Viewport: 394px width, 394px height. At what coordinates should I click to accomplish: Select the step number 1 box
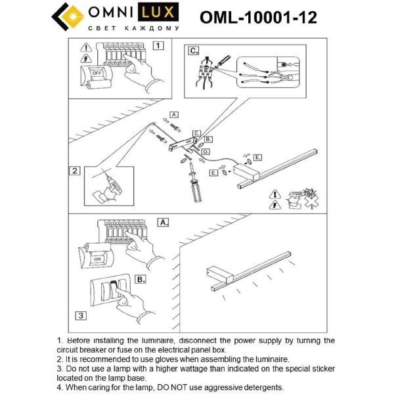pos(158,46)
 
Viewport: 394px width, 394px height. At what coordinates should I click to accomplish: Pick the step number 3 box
pos(79,315)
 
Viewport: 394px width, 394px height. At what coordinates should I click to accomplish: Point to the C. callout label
pos(192,51)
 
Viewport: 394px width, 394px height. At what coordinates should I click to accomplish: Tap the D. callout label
pos(206,152)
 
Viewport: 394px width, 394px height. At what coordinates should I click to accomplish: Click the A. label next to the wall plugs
pos(175,114)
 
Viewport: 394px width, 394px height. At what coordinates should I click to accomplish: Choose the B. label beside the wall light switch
pos(141,279)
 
